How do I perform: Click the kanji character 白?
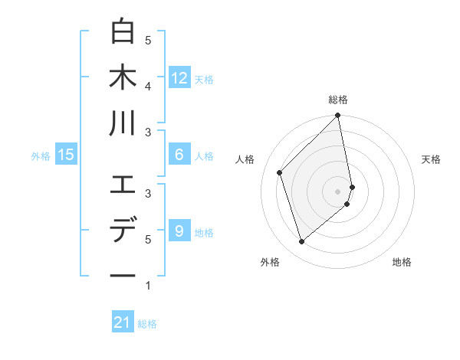tap(123, 32)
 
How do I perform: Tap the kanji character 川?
tap(123, 123)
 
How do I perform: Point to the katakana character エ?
tap(123, 185)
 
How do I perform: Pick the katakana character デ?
tap(123, 230)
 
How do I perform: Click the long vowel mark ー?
tap(123, 275)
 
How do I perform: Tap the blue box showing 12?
tap(179, 77)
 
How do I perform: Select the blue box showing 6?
tap(179, 155)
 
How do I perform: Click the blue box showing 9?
tap(179, 230)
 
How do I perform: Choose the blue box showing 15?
tap(66, 155)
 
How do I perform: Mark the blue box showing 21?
tap(123, 322)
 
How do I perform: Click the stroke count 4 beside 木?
tap(148, 86)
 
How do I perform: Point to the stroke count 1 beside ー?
tap(148, 286)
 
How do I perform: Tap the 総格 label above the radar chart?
tap(338, 100)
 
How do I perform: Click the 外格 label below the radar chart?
tap(270, 263)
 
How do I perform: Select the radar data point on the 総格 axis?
tap(338, 116)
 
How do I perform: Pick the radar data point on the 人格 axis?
tap(280, 172)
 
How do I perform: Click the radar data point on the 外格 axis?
tap(301, 242)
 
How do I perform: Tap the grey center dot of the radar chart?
tap(338, 191)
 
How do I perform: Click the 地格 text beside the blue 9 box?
tap(204, 232)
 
